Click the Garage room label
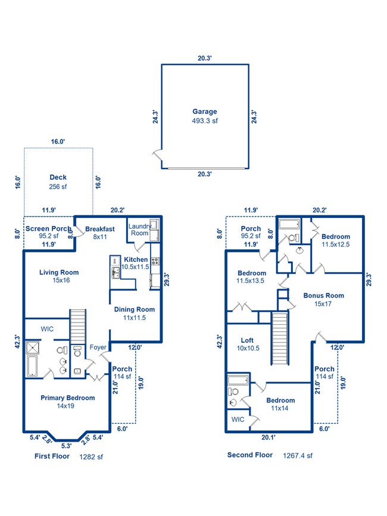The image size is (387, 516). pyautogui.click(x=205, y=111)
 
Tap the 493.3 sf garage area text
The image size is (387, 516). pyautogui.click(x=205, y=121)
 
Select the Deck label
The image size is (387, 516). pyautogui.click(x=58, y=177)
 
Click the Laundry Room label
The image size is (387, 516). pyautogui.click(x=139, y=230)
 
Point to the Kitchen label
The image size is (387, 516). pyautogui.click(x=136, y=259)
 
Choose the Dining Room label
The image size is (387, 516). pyautogui.click(x=135, y=309)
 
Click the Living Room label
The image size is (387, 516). pyautogui.click(x=59, y=272)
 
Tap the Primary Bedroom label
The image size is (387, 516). pyautogui.click(x=67, y=398)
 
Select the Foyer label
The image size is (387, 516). pyautogui.click(x=98, y=347)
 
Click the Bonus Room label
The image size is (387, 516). pyautogui.click(x=323, y=296)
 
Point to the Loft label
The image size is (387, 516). pyautogui.click(x=247, y=340)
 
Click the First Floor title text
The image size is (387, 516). pyautogui.click(x=52, y=456)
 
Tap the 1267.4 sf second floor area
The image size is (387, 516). pyautogui.click(x=298, y=455)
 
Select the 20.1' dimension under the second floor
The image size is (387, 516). pyautogui.click(x=268, y=437)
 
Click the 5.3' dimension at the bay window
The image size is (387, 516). pyautogui.click(x=66, y=446)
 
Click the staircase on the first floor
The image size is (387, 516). pyautogui.click(x=78, y=327)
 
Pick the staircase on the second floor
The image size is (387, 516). pyautogui.click(x=280, y=338)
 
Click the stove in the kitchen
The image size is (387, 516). pyautogui.click(x=155, y=261)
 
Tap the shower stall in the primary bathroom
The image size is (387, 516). pyautogui.click(x=33, y=348)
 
